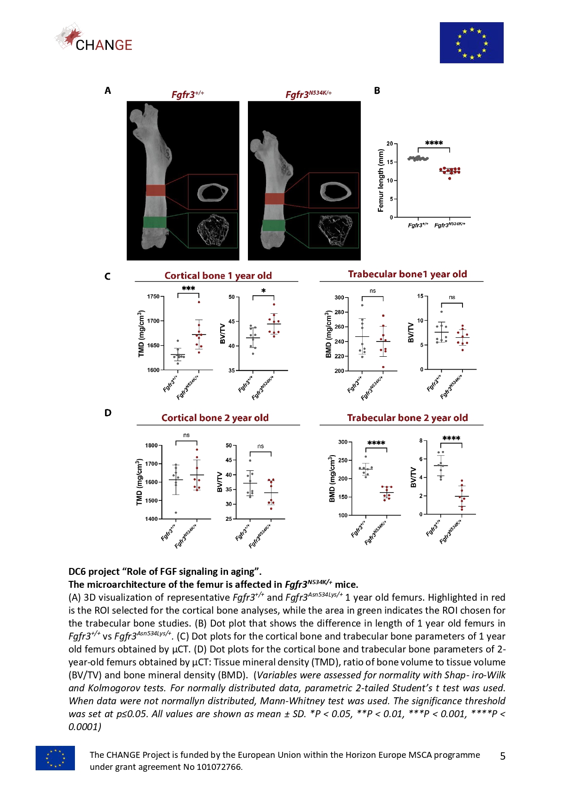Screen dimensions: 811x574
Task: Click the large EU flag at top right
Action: (x=471, y=43)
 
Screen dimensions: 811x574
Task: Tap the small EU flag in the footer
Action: (x=55, y=758)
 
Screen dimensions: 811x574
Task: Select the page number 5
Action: (x=503, y=756)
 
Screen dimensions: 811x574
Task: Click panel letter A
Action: (x=108, y=91)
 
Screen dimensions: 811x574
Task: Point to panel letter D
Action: (x=108, y=413)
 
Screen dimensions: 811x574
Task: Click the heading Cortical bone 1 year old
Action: (x=218, y=276)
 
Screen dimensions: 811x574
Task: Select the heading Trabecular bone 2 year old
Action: (x=407, y=418)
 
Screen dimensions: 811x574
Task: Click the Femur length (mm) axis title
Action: (x=381, y=181)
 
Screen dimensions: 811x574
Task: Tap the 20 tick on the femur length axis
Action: (x=390, y=144)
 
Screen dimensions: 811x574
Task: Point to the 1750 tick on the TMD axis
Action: (x=153, y=297)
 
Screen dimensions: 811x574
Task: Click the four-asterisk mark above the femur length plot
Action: (x=434, y=143)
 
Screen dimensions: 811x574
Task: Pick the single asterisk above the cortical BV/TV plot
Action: (x=263, y=291)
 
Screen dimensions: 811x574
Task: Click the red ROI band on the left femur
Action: (x=155, y=190)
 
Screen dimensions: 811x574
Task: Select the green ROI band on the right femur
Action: (x=273, y=226)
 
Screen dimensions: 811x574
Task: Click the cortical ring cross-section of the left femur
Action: (x=213, y=192)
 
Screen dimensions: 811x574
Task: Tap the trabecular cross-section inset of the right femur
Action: (x=334, y=230)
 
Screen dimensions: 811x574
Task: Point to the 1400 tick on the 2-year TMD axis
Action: (x=151, y=519)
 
